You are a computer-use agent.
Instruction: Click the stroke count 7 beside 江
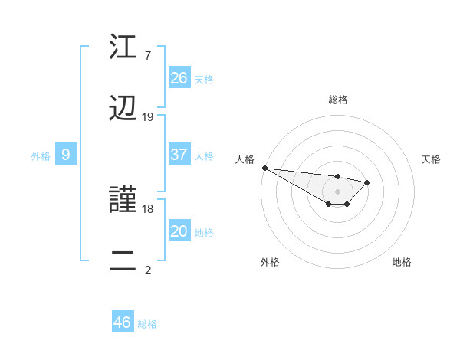(148, 56)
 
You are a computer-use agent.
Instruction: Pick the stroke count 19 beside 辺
(148, 117)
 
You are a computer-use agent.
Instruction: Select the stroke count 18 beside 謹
(148, 208)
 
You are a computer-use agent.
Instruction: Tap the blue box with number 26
(179, 77)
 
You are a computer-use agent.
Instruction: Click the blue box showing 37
(179, 155)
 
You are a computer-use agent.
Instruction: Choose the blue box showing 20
(179, 231)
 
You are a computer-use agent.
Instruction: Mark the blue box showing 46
(122, 322)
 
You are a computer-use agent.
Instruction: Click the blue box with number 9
(66, 155)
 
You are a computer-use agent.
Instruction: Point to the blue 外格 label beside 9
(41, 156)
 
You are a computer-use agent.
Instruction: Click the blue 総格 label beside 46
(147, 324)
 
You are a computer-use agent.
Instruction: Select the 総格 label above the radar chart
(338, 100)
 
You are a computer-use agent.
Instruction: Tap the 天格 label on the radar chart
(432, 159)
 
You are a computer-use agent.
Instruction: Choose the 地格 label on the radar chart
(402, 262)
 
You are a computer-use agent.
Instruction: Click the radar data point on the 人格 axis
(264, 168)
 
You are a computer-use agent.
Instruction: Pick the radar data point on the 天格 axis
(367, 182)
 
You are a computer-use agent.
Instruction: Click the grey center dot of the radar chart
(337, 191)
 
